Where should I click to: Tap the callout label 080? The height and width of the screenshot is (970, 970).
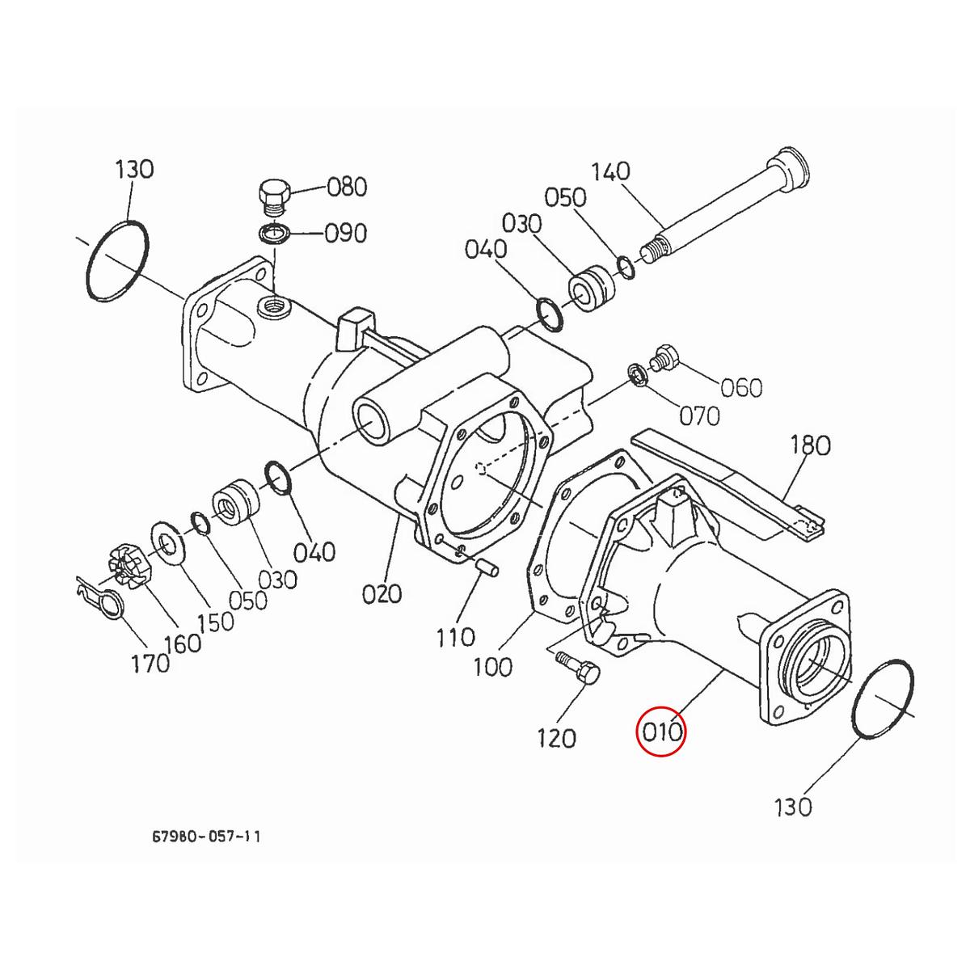point(347,188)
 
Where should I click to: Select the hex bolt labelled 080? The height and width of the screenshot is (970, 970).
point(272,196)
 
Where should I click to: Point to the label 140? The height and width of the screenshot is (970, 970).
point(610,171)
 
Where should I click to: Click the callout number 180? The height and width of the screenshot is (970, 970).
point(810,445)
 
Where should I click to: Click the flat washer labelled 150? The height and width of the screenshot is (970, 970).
point(167,542)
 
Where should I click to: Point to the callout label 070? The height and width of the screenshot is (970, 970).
point(698,416)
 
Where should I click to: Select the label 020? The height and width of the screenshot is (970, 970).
point(382,594)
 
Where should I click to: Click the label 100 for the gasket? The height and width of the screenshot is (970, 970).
point(492,667)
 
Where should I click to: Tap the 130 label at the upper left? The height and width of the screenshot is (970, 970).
point(133,170)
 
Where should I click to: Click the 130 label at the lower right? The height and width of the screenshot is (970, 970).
point(792,806)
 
